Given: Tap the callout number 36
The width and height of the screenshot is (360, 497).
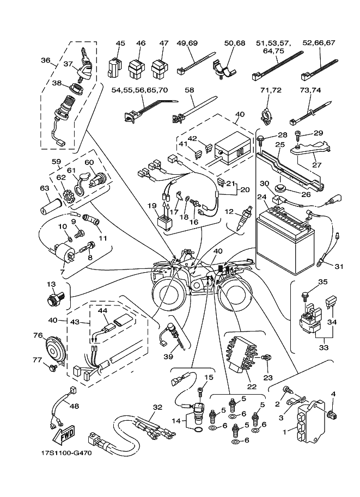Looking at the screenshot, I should [x=46, y=61].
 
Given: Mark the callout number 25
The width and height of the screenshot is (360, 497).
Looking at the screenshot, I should [x=280, y=145].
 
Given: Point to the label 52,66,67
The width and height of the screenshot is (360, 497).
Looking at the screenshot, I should [x=319, y=43].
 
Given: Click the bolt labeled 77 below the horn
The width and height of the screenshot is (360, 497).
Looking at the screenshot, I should [x=53, y=368].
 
